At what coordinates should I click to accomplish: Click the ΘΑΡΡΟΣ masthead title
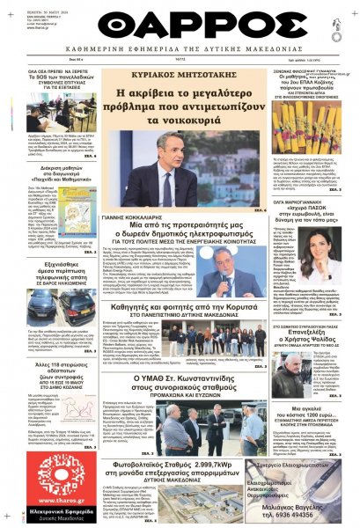(x=180, y=22)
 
